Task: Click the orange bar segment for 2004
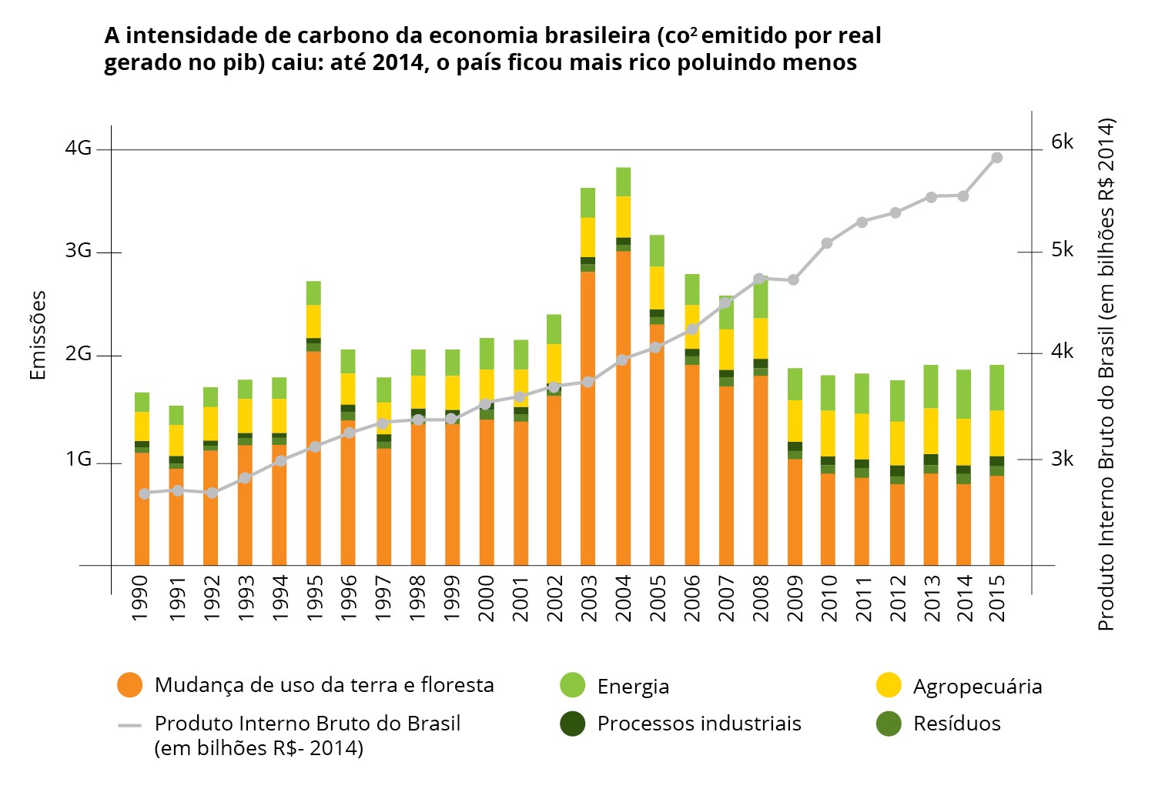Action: pos(623,408)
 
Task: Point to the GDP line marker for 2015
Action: pos(996,158)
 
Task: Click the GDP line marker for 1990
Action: pos(143,493)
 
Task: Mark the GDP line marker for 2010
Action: pos(827,243)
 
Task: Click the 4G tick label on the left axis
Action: pos(79,148)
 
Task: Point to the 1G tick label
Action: pos(79,460)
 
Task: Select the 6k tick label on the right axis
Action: pos(1062,142)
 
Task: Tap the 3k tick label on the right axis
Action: pos(1062,460)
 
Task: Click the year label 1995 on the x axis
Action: pos(314,597)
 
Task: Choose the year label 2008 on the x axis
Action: pos(761,597)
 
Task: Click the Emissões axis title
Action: pos(38,335)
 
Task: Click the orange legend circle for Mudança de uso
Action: pos(130,685)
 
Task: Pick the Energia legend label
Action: pos(633,687)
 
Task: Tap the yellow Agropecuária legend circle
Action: pos(889,685)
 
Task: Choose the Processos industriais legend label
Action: pos(699,724)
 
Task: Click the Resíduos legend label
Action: pos(957,724)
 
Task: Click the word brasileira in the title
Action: pos(598,36)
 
